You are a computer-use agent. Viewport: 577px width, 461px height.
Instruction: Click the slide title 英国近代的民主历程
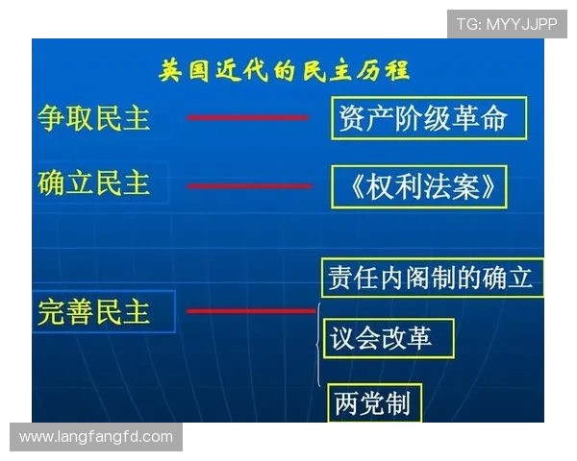coord(284,70)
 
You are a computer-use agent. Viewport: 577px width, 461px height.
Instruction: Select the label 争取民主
coord(94,118)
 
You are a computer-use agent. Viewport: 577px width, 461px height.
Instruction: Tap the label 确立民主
coord(94,182)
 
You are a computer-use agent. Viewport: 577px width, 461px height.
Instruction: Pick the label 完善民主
coord(94,311)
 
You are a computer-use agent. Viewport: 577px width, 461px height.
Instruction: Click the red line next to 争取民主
coord(247,118)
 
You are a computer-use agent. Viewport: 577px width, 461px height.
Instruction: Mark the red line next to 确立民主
coord(247,185)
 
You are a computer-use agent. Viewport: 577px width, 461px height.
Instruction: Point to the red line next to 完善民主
coord(250,311)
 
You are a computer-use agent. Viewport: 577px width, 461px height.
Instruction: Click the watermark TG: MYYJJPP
coord(506,24)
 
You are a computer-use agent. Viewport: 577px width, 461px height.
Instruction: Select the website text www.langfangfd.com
coord(96,437)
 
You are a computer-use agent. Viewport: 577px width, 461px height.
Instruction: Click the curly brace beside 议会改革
coord(318,341)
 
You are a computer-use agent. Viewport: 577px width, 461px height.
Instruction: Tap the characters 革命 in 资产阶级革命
coord(487,118)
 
